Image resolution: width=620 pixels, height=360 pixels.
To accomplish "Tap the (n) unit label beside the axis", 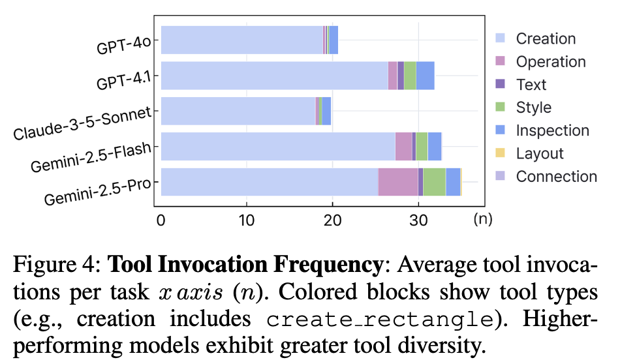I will [483, 219].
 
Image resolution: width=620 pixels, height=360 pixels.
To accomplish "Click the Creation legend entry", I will [546, 38].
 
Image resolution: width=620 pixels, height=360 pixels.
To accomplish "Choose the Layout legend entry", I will [539, 153].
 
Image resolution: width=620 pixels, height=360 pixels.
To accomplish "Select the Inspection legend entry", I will [552, 130].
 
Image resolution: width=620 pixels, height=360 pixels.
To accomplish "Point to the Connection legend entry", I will [556, 176].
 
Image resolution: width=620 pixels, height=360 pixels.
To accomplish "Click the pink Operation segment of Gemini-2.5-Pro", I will [398, 181].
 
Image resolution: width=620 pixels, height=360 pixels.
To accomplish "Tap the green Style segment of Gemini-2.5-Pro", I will [434, 181].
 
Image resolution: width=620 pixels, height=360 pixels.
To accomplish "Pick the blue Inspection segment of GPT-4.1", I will [425, 75].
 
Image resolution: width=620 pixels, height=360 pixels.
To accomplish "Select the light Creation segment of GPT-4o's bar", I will [241, 40].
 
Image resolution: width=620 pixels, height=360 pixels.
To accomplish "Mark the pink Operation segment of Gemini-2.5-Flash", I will [403, 146].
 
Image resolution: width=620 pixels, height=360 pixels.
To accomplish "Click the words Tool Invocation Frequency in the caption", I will [245, 265].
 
